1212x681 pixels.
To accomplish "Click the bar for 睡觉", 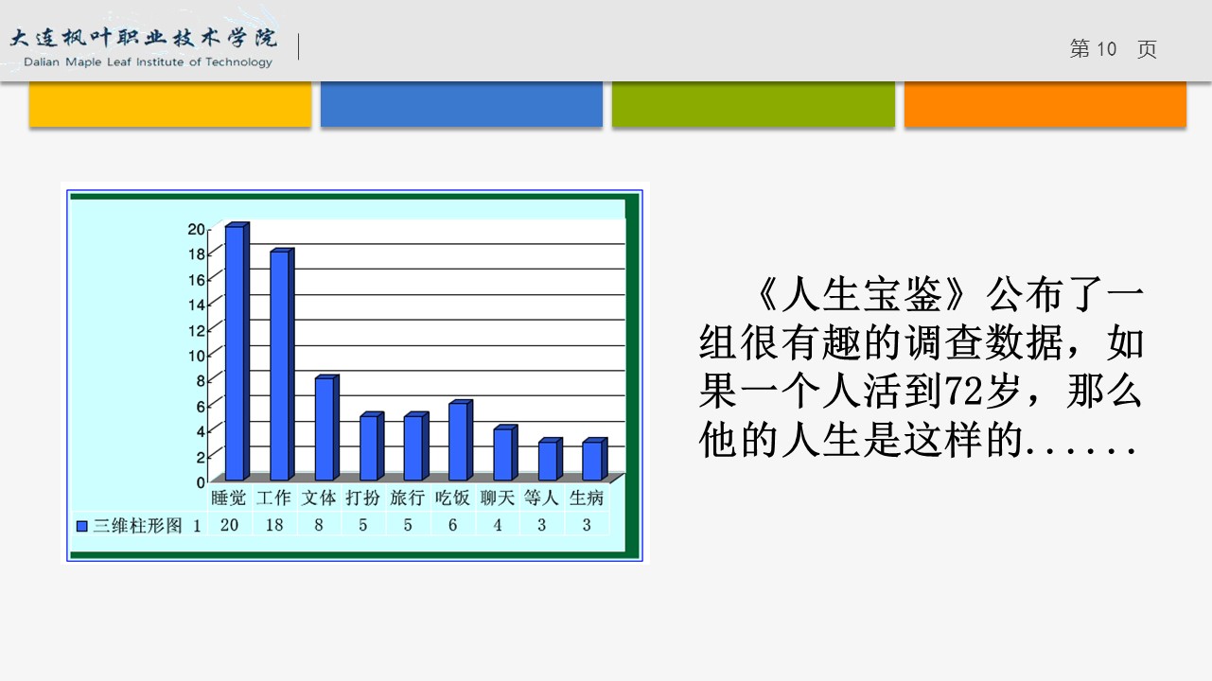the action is point(237,351).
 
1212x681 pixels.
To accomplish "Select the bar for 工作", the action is point(283,364).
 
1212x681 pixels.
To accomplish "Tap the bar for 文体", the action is point(326,428).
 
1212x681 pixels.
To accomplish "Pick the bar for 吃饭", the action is point(461,441).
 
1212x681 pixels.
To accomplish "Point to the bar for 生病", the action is point(595,460).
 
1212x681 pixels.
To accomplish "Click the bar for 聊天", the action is point(505,453).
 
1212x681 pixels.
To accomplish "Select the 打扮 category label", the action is point(363,498).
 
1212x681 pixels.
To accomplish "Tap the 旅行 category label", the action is point(408,498).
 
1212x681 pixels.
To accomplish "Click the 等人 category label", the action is point(541,498).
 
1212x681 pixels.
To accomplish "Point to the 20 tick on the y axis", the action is point(197,229).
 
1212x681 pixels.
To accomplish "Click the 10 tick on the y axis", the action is point(197,356).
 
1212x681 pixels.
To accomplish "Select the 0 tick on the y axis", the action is point(201,482).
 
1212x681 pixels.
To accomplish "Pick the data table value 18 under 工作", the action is point(274,525).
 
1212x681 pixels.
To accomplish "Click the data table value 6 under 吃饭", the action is point(452,525).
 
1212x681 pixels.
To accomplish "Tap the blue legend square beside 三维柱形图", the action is point(81,526).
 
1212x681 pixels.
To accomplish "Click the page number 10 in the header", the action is point(1106,49).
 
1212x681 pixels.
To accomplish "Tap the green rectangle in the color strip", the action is point(753,104).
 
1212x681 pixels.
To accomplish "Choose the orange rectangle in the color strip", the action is point(1045,104).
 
